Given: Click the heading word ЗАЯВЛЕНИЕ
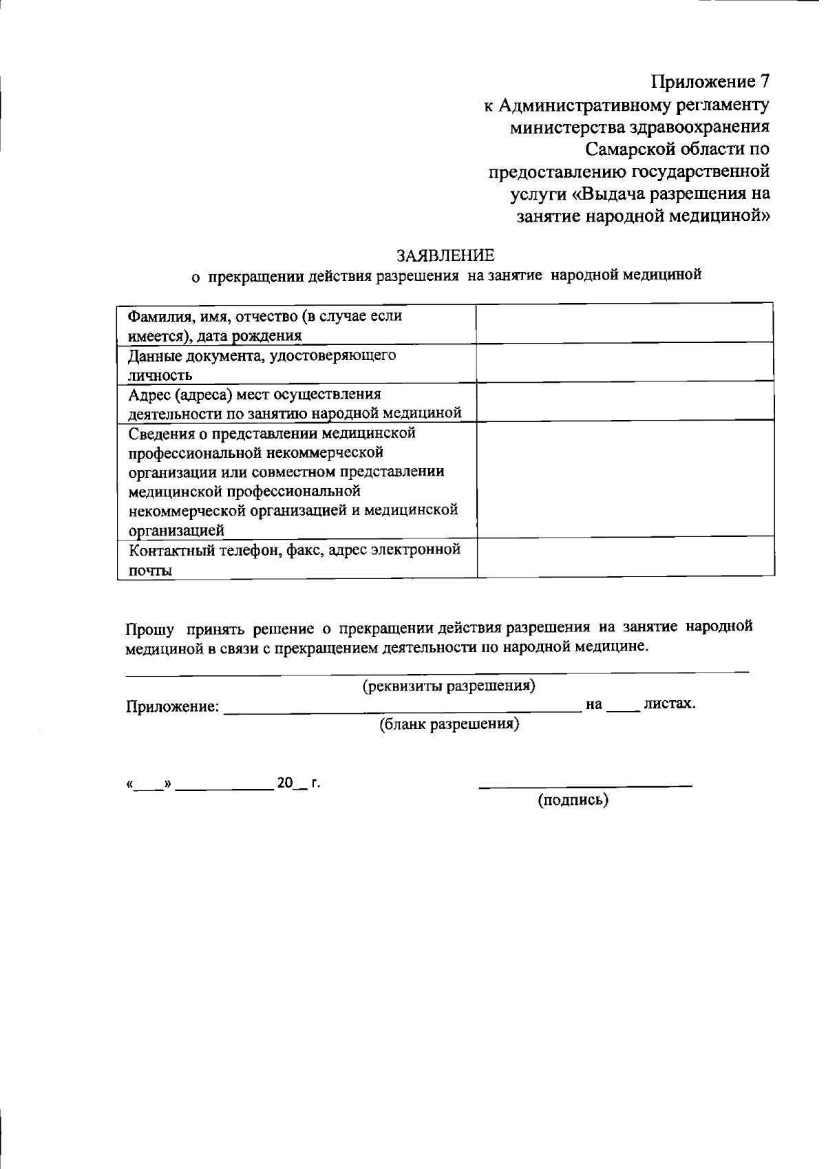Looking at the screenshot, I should click(445, 256).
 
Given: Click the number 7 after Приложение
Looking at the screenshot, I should click(761, 81).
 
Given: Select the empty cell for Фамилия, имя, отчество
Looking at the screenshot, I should click(624, 324).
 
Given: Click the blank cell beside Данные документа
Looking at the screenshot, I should click(624, 364).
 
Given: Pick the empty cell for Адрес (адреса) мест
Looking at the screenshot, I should click(624, 402).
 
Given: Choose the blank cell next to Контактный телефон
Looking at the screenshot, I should click(624, 557).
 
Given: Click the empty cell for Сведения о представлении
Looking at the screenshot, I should click(624, 479).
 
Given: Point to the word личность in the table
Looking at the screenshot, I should click(160, 375).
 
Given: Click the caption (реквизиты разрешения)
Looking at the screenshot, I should click(449, 686).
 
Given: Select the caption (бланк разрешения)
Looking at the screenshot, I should click(449, 724).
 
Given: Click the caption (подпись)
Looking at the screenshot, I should click(573, 800).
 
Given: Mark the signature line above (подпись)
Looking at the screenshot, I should click(585, 786).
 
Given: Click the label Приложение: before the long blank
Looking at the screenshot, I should click(173, 706).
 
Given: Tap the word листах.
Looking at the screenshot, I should click(668, 704).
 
